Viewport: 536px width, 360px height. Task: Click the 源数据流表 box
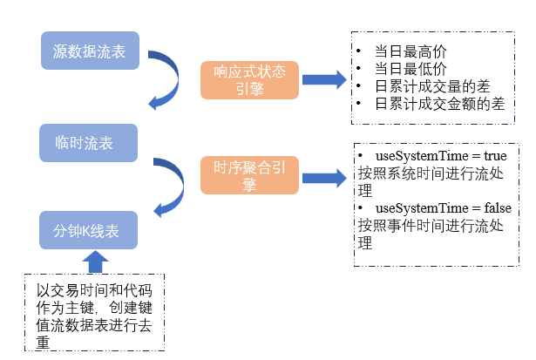click(x=90, y=51)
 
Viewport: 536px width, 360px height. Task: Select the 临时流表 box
click(x=90, y=142)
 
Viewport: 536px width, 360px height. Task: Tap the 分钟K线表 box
click(x=90, y=230)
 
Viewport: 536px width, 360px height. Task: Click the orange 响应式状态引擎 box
click(x=249, y=79)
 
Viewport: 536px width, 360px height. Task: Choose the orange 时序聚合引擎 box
click(x=249, y=175)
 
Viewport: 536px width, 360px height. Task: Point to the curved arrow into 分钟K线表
click(x=169, y=187)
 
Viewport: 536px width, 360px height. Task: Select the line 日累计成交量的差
click(x=431, y=85)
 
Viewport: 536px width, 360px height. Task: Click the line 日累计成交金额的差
click(x=438, y=103)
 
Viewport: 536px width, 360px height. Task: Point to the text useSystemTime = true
click(x=440, y=155)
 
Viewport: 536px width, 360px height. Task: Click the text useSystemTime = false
click(x=443, y=208)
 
